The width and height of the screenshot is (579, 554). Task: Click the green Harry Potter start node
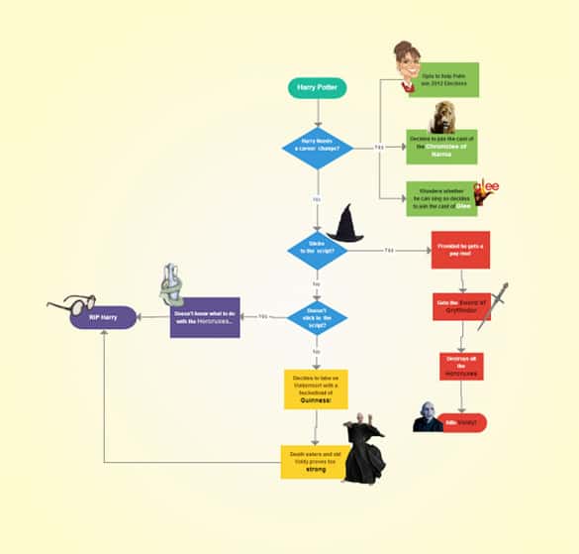pyautogui.click(x=317, y=87)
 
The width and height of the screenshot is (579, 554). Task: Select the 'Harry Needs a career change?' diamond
pyautogui.click(x=318, y=148)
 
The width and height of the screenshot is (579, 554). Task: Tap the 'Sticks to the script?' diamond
pyautogui.click(x=317, y=250)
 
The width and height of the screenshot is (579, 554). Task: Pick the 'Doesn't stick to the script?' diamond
pyautogui.click(x=317, y=317)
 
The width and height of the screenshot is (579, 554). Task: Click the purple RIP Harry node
pyautogui.click(x=103, y=317)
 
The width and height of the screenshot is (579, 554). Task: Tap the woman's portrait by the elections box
pyautogui.click(x=405, y=65)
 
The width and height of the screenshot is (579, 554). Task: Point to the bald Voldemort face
pyautogui.click(x=428, y=418)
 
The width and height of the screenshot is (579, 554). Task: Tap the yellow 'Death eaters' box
pyautogui.click(x=314, y=463)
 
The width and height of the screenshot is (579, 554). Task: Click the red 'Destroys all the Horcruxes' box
pyautogui.click(x=461, y=366)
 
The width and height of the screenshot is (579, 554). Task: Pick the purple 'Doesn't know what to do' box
pyautogui.click(x=205, y=317)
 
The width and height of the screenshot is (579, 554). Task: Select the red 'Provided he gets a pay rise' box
pyautogui.click(x=461, y=250)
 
